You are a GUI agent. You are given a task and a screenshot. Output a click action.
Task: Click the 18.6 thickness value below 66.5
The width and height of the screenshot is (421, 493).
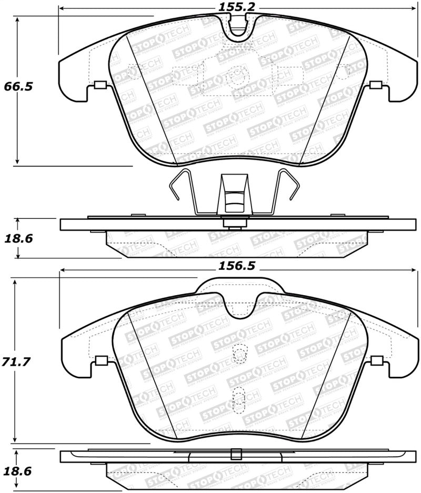pos(18,238)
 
